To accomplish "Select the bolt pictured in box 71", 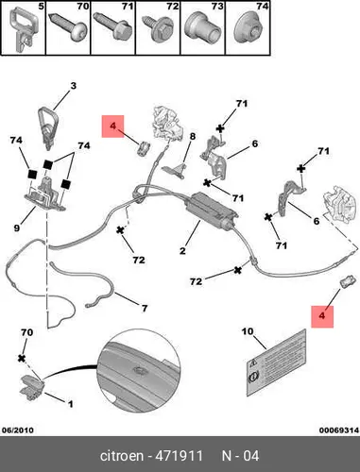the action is (x=112, y=27).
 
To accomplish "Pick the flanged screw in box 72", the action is (x=159, y=29).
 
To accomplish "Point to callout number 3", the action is (x=73, y=86).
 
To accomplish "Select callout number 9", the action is (x=17, y=228).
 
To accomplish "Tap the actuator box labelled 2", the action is (x=211, y=211).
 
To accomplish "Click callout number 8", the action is (x=193, y=136).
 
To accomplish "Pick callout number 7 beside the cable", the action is (x=145, y=308).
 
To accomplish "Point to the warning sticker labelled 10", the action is (x=276, y=362).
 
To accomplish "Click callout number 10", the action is (x=248, y=331).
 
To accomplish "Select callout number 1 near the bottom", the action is (x=71, y=404).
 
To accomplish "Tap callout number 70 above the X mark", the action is (x=26, y=332).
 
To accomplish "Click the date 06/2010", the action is (x=18, y=430).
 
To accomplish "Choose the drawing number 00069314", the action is (x=339, y=430).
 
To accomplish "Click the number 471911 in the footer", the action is (x=180, y=456).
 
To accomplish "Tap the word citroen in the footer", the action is (x=122, y=456).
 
